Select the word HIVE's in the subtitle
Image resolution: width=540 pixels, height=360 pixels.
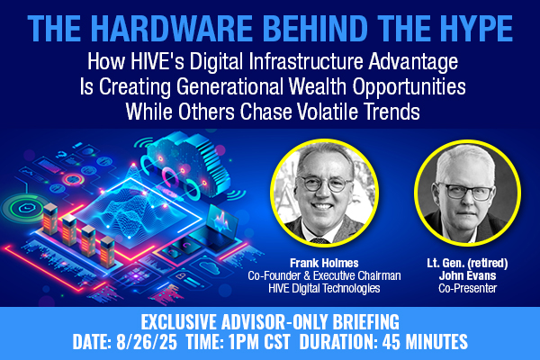(157, 61)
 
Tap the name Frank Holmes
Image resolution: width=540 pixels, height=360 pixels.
(324, 263)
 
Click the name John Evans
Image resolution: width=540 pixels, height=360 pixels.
(467, 275)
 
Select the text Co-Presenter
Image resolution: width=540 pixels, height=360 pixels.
(467, 288)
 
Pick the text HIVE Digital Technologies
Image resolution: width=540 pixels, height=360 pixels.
(324, 288)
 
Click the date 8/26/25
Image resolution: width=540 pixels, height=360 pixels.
(147, 341)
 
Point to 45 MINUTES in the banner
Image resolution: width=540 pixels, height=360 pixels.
(425, 341)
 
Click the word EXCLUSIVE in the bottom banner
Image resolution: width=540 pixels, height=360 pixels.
(180, 322)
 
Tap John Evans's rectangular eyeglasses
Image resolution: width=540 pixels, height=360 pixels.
(467, 191)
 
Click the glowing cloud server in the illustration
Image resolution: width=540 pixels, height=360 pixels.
(187, 165)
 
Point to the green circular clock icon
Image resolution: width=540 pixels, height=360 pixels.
(26, 208)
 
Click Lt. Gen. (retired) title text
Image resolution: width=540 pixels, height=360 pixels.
(467, 263)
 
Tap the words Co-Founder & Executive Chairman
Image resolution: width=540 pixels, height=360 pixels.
(324, 275)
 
